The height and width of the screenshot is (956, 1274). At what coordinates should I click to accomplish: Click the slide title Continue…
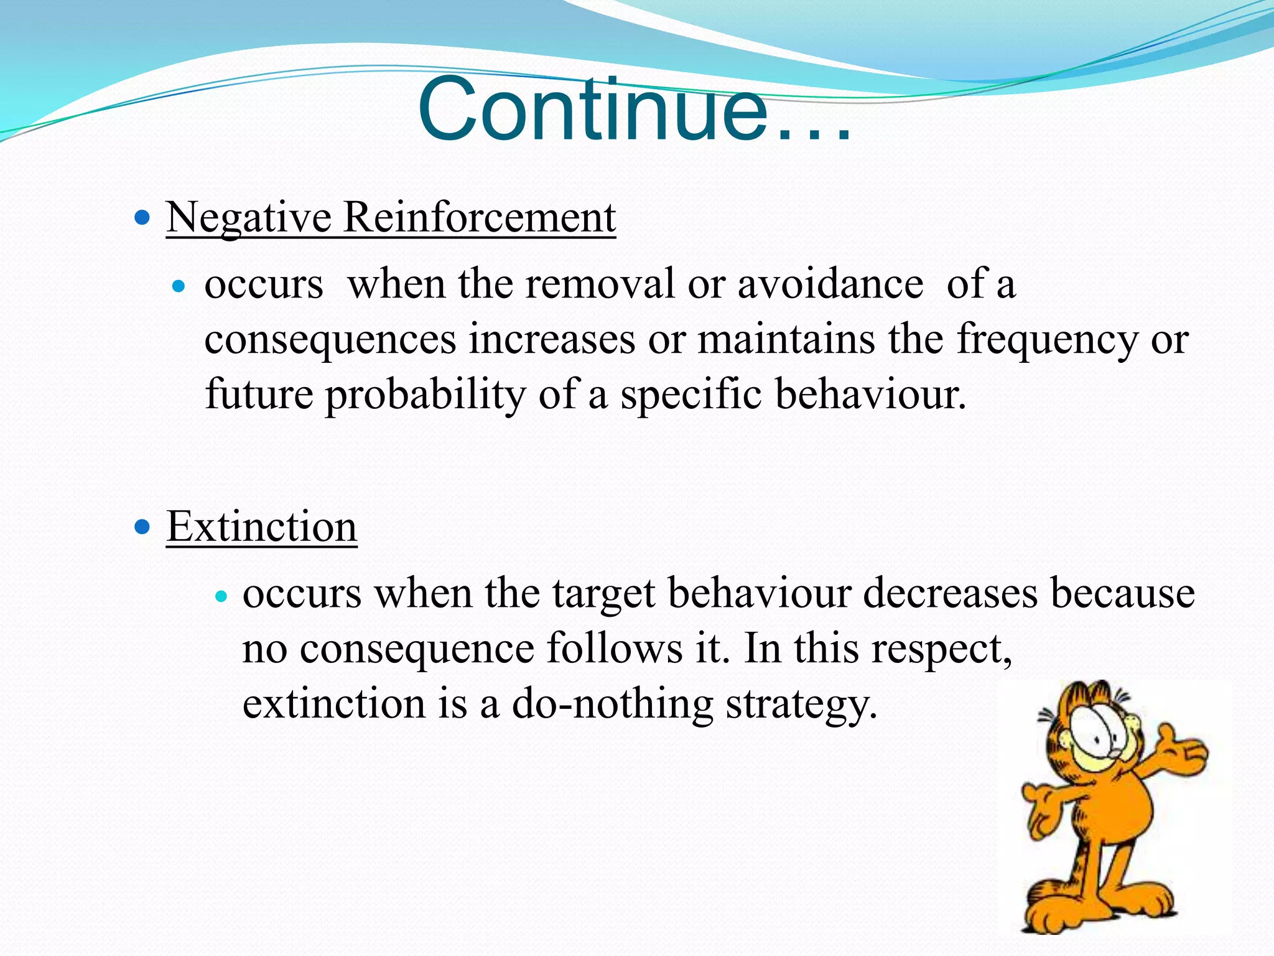(635, 111)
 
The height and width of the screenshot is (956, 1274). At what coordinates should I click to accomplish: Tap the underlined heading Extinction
(261, 527)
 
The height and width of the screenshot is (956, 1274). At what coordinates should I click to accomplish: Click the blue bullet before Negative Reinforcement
(142, 218)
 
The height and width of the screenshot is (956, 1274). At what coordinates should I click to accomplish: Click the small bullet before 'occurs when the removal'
(179, 286)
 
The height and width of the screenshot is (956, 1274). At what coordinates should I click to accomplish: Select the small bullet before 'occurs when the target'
(221, 596)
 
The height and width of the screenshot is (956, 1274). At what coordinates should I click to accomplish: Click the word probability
(425, 395)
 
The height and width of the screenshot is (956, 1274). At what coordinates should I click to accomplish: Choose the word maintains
(786, 340)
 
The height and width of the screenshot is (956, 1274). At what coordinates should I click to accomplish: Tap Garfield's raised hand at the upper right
(1182, 750)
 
